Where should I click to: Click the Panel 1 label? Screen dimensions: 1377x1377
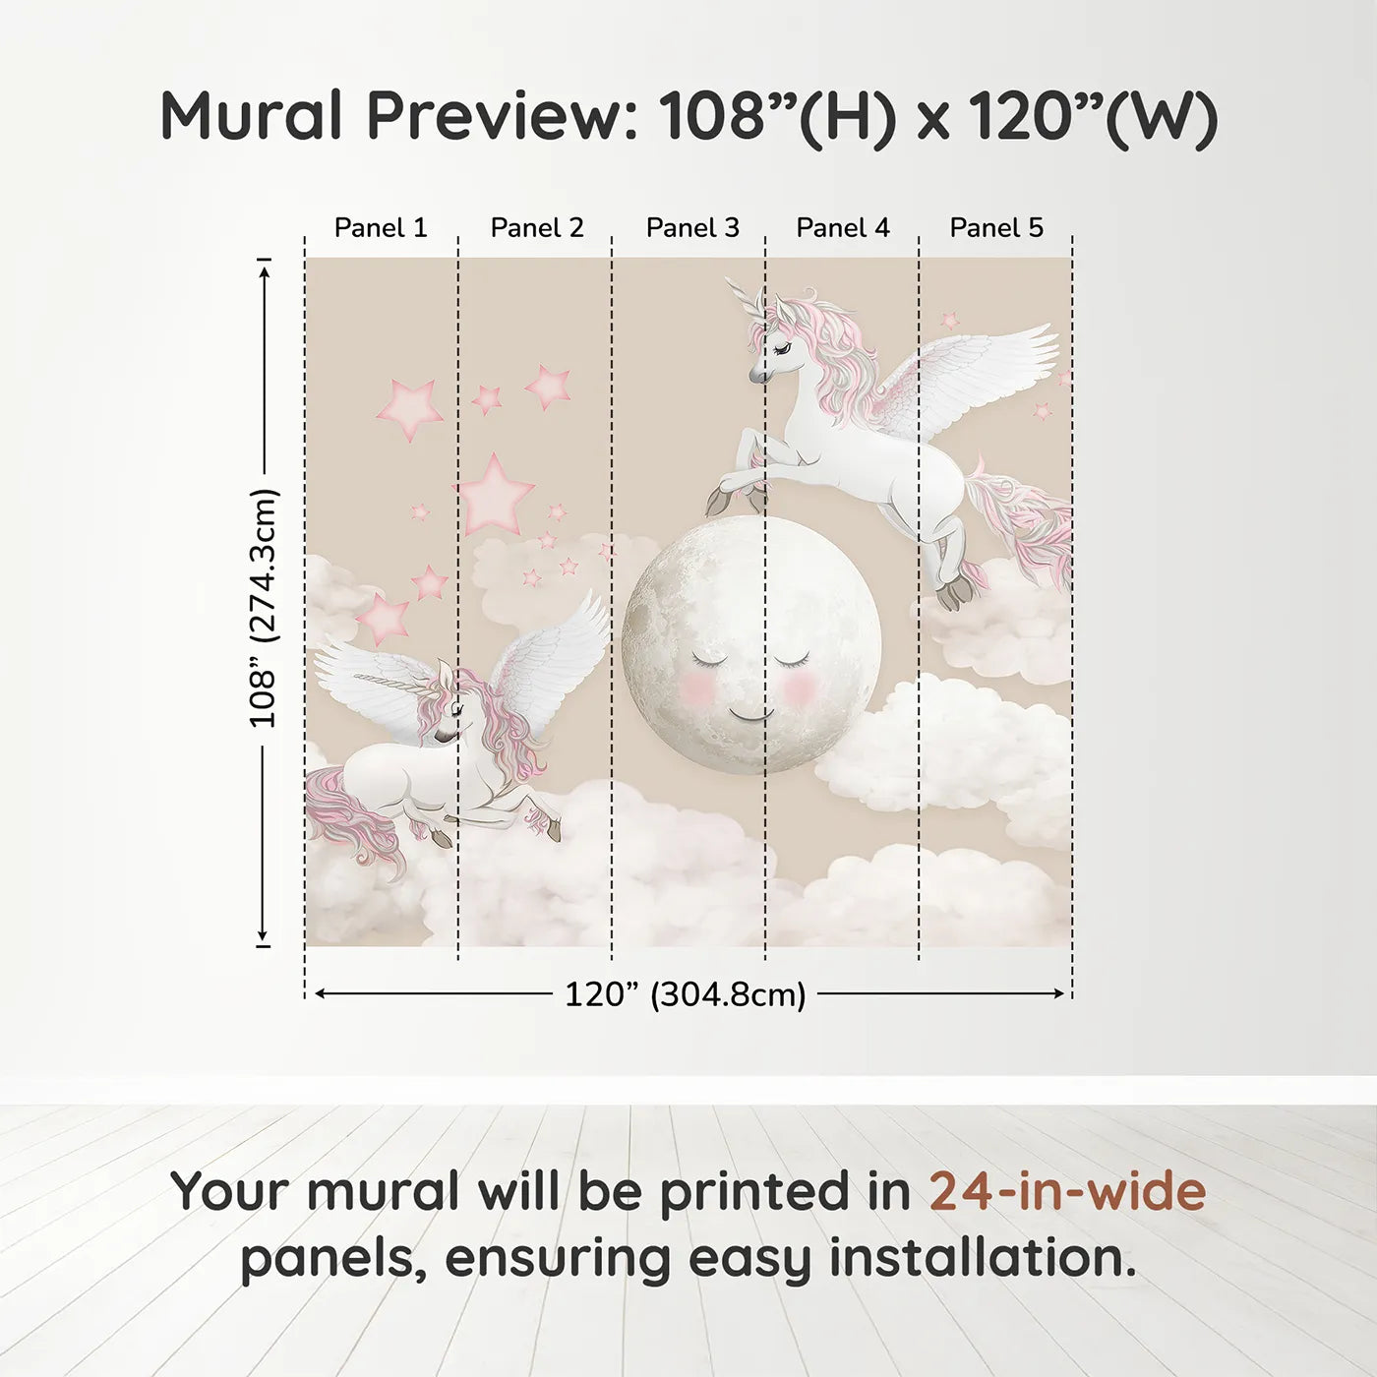point(381,228)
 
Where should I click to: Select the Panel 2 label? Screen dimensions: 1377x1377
point(537,228)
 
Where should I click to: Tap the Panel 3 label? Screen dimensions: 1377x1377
point(692,228)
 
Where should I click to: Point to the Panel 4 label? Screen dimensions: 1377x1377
point(843,228)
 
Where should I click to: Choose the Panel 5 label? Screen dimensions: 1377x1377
point(996,228)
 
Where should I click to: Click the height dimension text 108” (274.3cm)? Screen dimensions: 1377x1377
point(263,608)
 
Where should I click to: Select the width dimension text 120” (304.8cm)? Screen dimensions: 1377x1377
point(686,994)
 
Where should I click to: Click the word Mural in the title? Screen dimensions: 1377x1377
point(252,116)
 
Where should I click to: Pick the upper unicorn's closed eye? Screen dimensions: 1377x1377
point(784,348)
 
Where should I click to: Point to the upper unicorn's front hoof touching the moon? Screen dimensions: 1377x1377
point(716,501)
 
